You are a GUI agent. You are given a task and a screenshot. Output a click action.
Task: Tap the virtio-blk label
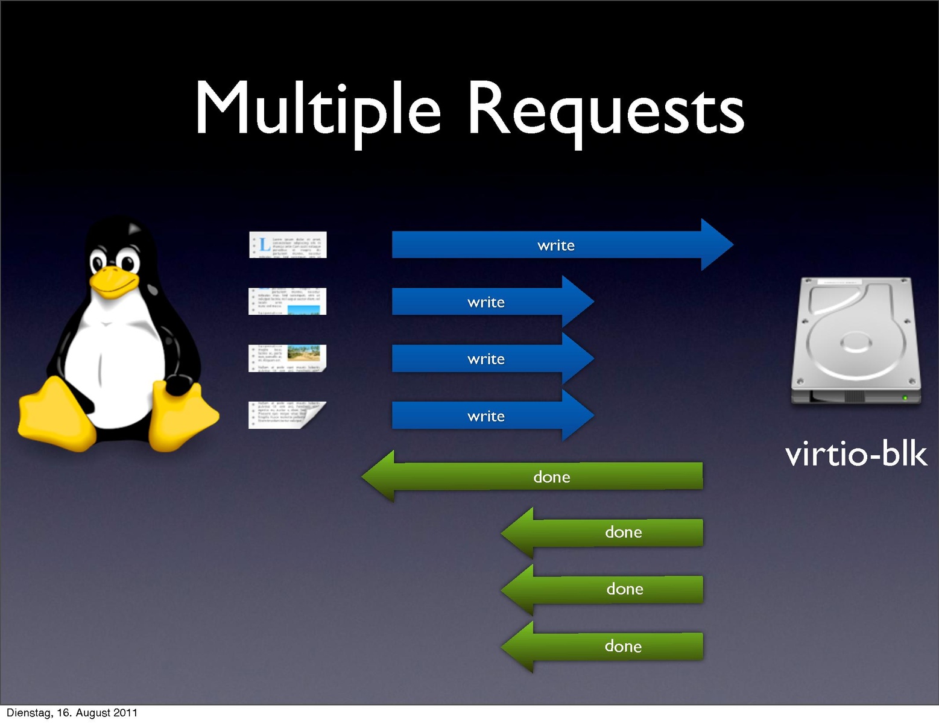[x=856, y=453]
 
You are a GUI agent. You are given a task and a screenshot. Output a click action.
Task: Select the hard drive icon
[x=855, y=341]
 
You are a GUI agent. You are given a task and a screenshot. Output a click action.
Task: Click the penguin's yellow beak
[x=112, y=282]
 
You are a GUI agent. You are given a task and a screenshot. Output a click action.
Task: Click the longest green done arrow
[x=543, y=476]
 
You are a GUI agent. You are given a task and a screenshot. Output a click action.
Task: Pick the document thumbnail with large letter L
[x=288, y=245]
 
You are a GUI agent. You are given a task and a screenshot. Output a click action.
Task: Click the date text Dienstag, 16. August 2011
[x=72, y=713]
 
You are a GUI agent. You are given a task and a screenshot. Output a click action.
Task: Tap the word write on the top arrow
[x=555, y=245]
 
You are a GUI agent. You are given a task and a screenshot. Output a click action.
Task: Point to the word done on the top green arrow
[x=551, y=477]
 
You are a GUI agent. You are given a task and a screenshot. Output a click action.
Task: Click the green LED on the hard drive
[x=904, y=397]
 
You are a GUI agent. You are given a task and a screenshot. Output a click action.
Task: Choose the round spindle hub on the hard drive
[x=855, y=343]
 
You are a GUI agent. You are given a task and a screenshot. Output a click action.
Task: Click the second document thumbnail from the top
[x=288, y=302]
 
